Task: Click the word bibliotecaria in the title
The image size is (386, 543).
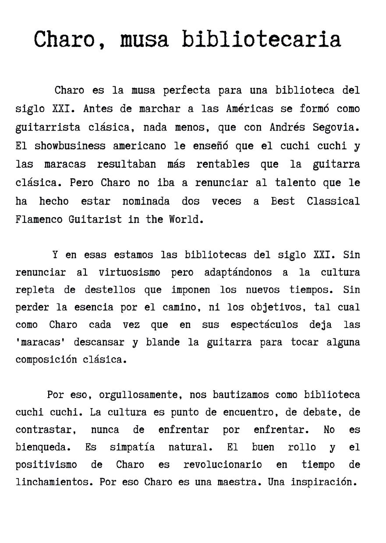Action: point(261,39)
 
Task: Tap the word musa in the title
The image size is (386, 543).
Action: point(144,39)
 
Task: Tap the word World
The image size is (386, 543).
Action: point(186,219)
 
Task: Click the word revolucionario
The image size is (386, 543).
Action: point(223,465)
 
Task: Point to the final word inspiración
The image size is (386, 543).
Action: point(322,482)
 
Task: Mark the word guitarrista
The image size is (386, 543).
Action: point(48,127)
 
